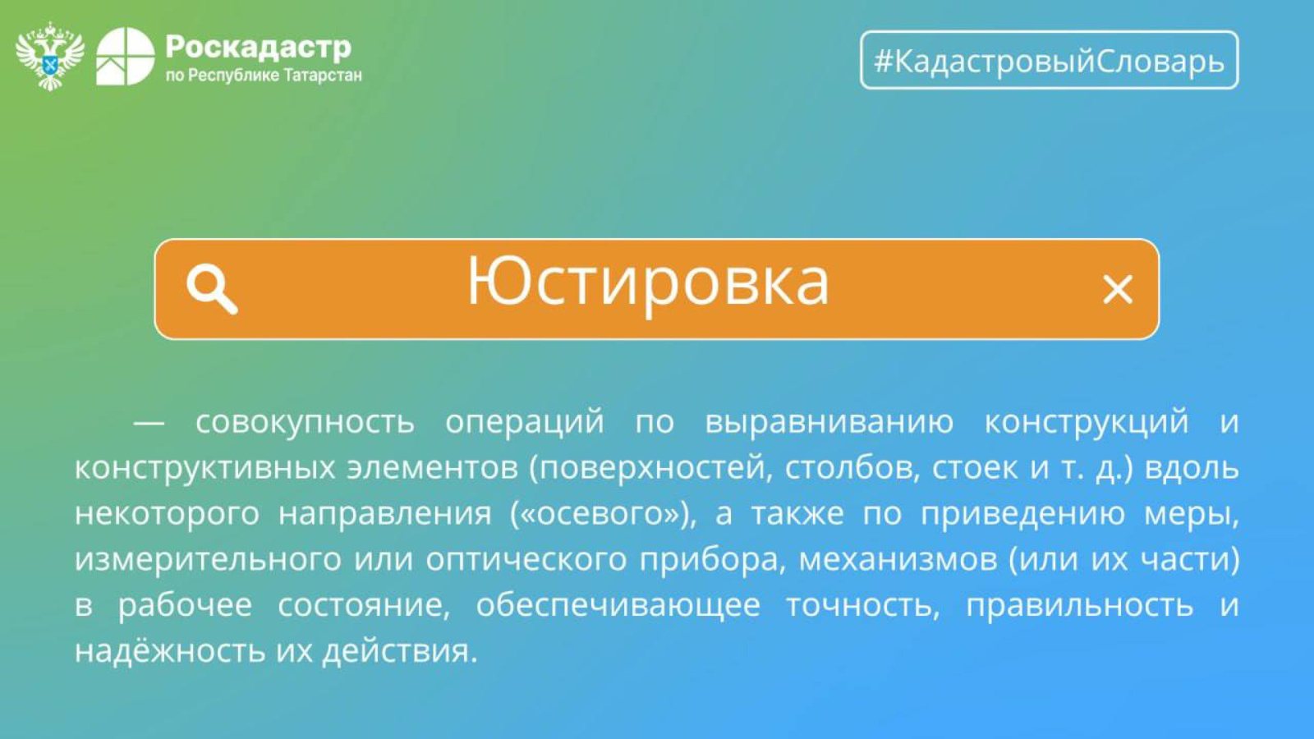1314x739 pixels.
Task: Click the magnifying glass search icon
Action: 212,288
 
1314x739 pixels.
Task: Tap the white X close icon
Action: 1117,289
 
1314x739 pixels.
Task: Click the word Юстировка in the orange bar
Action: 648,283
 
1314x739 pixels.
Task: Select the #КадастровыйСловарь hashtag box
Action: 1049,60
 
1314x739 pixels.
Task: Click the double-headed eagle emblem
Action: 50,57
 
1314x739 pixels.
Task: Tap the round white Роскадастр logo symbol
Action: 125,57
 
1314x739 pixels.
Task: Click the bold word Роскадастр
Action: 258,47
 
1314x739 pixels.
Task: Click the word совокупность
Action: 305,422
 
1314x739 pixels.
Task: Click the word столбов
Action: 852,467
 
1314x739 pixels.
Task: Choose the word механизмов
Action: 898,559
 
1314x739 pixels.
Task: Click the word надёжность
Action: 169,650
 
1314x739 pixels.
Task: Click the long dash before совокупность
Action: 149,422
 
